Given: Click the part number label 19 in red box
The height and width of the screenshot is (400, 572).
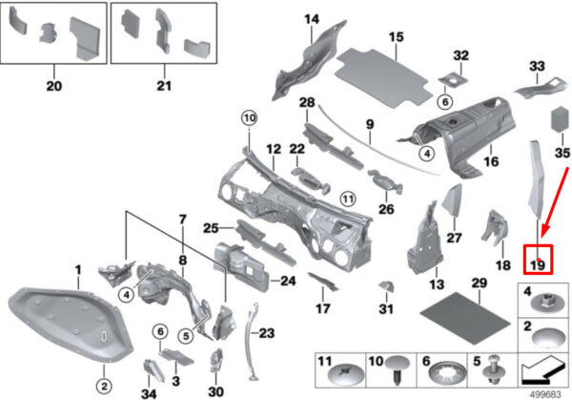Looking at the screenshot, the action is (x=538, y=265).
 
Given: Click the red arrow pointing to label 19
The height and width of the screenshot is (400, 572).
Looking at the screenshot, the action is (x=555, y=203).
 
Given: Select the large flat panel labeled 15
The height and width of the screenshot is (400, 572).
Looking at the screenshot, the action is (x=382, y=78).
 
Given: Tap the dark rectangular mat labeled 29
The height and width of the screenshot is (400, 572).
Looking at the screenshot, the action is (x=465, y=318).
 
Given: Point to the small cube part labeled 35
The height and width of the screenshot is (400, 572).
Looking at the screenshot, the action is (x=559, y=119).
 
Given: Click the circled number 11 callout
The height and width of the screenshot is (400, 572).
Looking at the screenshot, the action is (x=348, y=200).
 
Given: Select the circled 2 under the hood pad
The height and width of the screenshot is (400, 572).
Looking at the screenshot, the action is (x=104, y=386).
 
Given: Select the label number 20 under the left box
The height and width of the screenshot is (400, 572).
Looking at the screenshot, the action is (x=54, y=86).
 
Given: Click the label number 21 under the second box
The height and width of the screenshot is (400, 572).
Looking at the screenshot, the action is (x=164, y=86).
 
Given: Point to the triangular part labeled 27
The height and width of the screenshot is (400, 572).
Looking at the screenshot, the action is (x=452, y=200).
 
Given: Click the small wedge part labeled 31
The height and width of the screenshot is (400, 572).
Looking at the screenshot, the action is (x=386, y=286).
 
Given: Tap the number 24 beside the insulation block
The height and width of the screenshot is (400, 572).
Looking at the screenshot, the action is (x=288, y=281).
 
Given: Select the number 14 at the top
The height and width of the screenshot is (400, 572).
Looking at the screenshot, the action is (x=312, y=19).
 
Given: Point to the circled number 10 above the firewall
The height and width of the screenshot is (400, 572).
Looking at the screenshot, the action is (x=249, y=118).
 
